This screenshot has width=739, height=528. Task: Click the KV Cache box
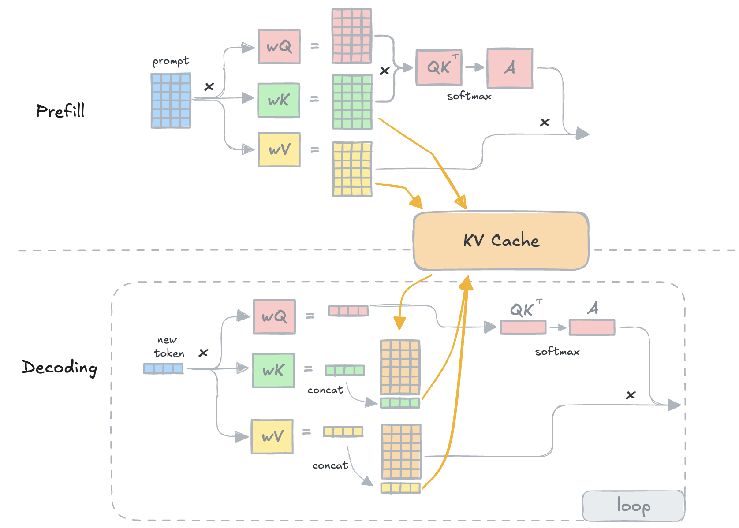click(501, 241)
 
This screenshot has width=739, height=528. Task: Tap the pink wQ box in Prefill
click(279, 46)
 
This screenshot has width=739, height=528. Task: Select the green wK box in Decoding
click(273, 370)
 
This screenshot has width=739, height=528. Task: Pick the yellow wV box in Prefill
click(279, 150)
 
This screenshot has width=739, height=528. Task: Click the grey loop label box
click(633, 506)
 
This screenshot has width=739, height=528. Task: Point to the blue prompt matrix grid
click(171, 100)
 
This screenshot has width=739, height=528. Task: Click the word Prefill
click(60, 111)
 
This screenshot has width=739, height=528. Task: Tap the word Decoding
click(60, 367)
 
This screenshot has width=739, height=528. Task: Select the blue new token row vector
click(163, 368)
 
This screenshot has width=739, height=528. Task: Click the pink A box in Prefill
click(510, 68)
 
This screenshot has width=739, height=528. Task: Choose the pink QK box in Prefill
click(439, 67)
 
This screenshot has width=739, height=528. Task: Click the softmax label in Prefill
click(469, 96)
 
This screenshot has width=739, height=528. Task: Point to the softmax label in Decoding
click(557, 352)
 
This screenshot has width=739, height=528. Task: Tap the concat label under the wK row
click(325, 390)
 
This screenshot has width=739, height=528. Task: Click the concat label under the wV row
click(330, 465)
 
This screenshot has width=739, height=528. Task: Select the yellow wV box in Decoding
click(272, 436)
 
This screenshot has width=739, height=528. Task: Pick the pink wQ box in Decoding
click(274, 316)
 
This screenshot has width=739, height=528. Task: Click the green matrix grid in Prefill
click(352, 102)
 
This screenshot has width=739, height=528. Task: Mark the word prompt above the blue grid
click(171, 61)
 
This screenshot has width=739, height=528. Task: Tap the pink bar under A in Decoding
click(592, 327)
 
